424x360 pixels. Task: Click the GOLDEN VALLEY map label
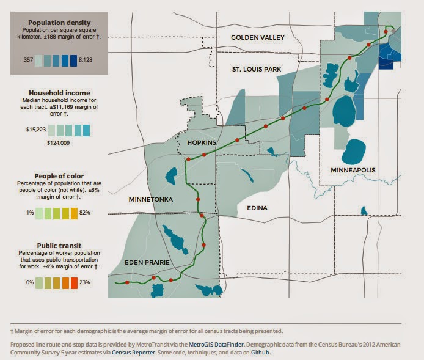pos(258,38)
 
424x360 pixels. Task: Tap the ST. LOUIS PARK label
pos(257,70)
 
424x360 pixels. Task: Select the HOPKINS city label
pos(196,142)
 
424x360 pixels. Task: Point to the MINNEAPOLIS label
pos(353,169)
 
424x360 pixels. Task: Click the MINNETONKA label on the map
pos(151,200)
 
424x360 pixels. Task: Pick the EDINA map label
pos(257,208)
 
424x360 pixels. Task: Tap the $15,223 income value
pos(36,130)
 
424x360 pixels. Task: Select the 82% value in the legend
pos(85,212)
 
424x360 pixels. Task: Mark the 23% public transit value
pos(85,282)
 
